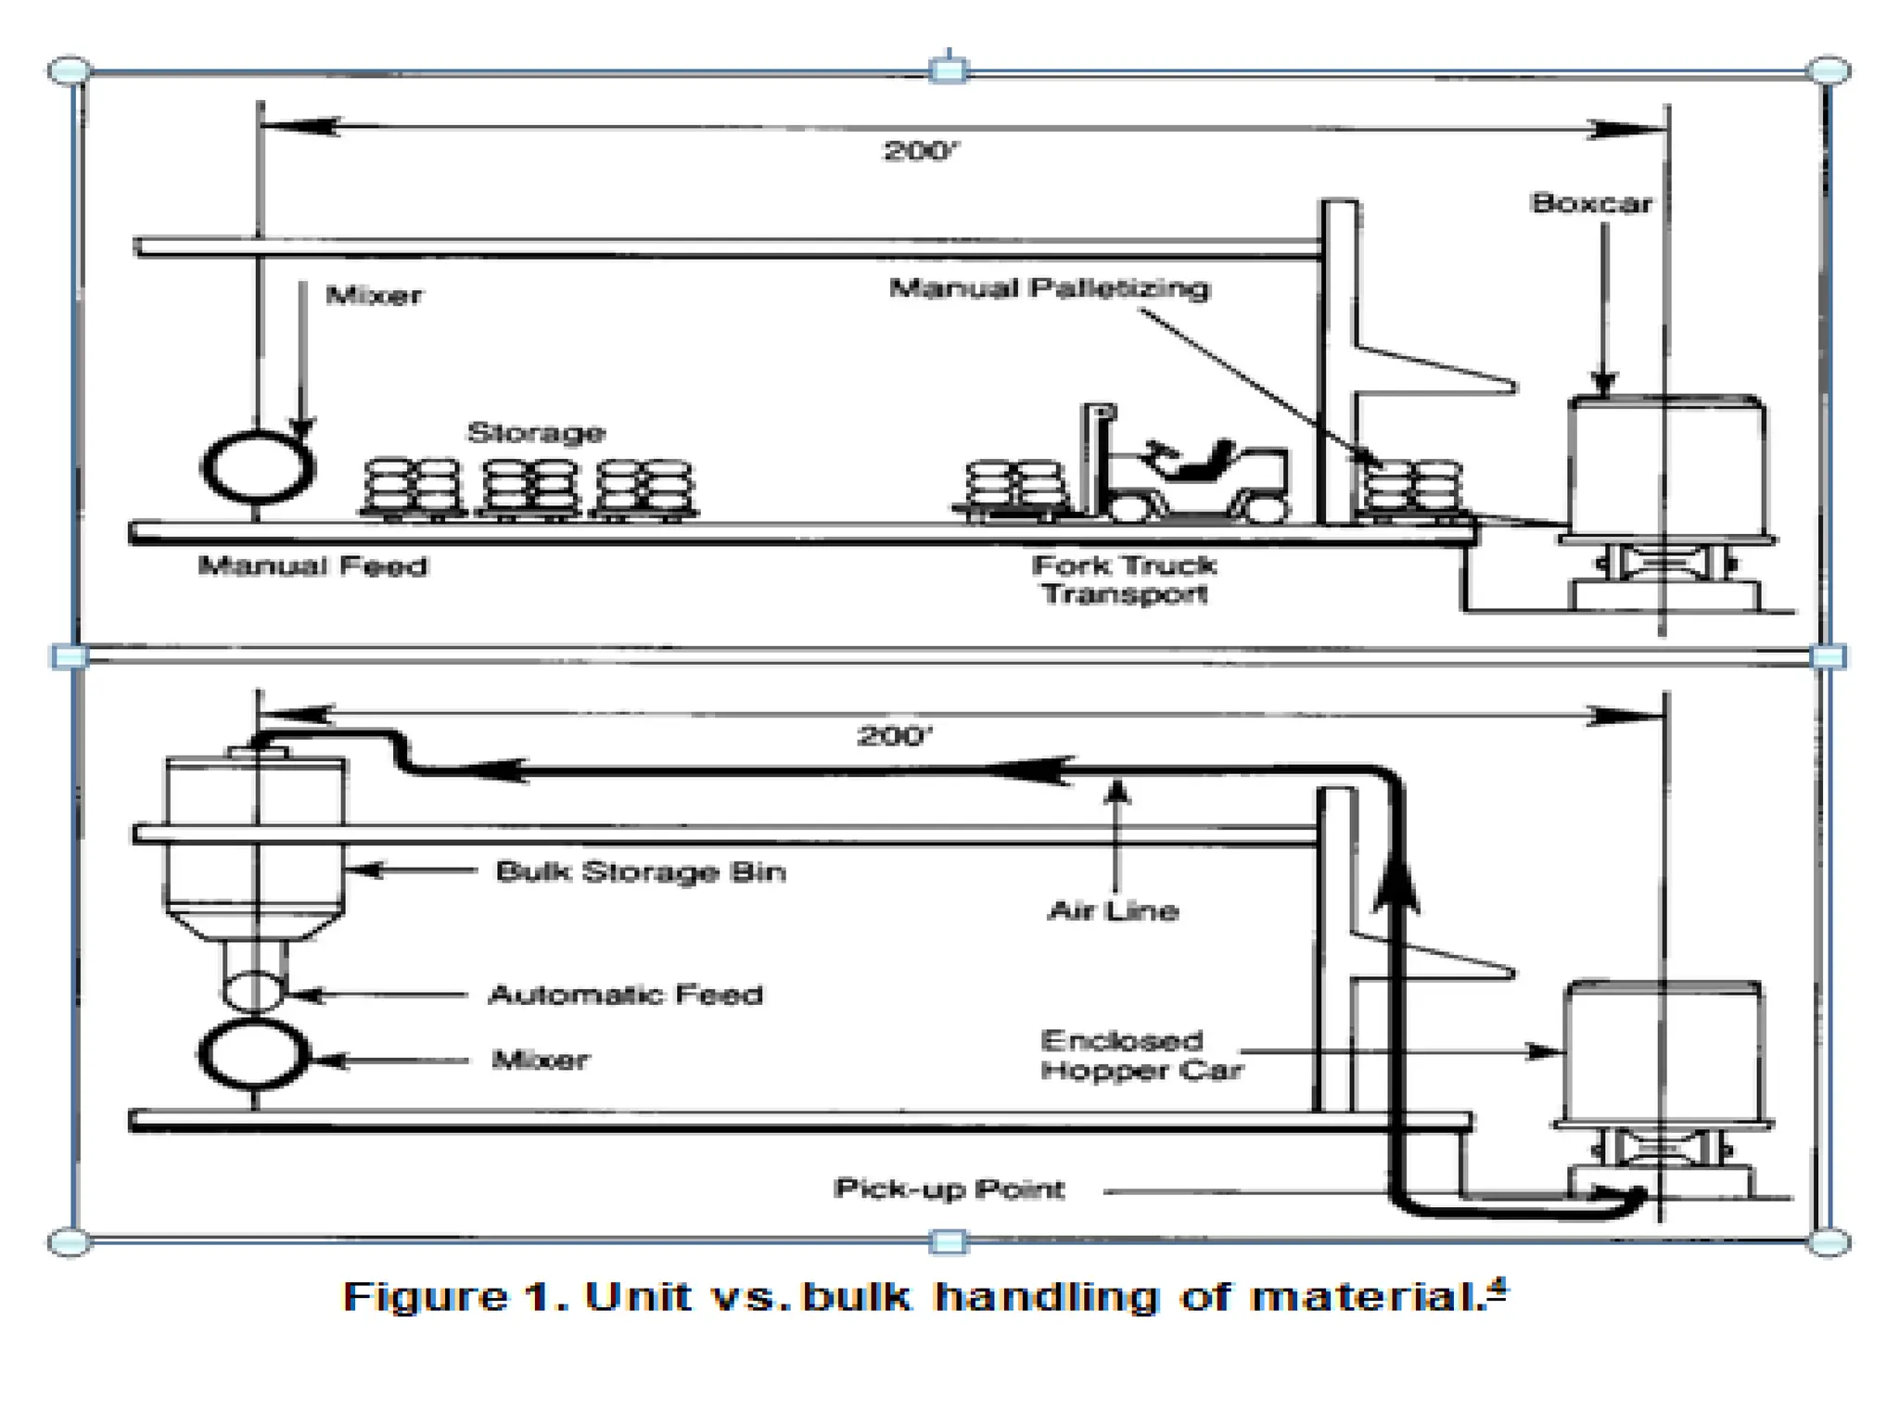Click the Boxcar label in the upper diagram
tap(1591, 203)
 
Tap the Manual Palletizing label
tap(1050, 288)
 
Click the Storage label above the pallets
tap(536, 433)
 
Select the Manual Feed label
tap(313, 566)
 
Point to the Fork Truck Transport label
tap(1124, 579)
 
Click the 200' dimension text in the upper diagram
tap(918, 151)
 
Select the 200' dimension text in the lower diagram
tap(893, 737)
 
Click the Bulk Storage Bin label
tap(641, 872)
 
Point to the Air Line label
tap(1113, 911)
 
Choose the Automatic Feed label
tap(626, 996)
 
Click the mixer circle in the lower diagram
tap(253, 1054)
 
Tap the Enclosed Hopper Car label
tap(1141, 1056)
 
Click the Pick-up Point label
tap(949, 1189)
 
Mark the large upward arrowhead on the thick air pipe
tap(1395, 882)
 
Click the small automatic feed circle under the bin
tap(254, 990)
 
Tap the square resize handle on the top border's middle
tap(948, 70)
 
